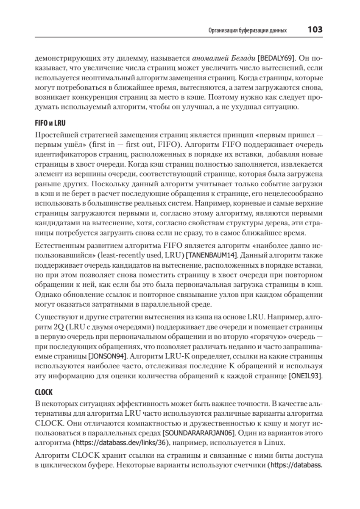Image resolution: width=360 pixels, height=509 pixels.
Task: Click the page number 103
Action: point(315,30)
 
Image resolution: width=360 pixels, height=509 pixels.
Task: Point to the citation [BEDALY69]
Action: point(275,57)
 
